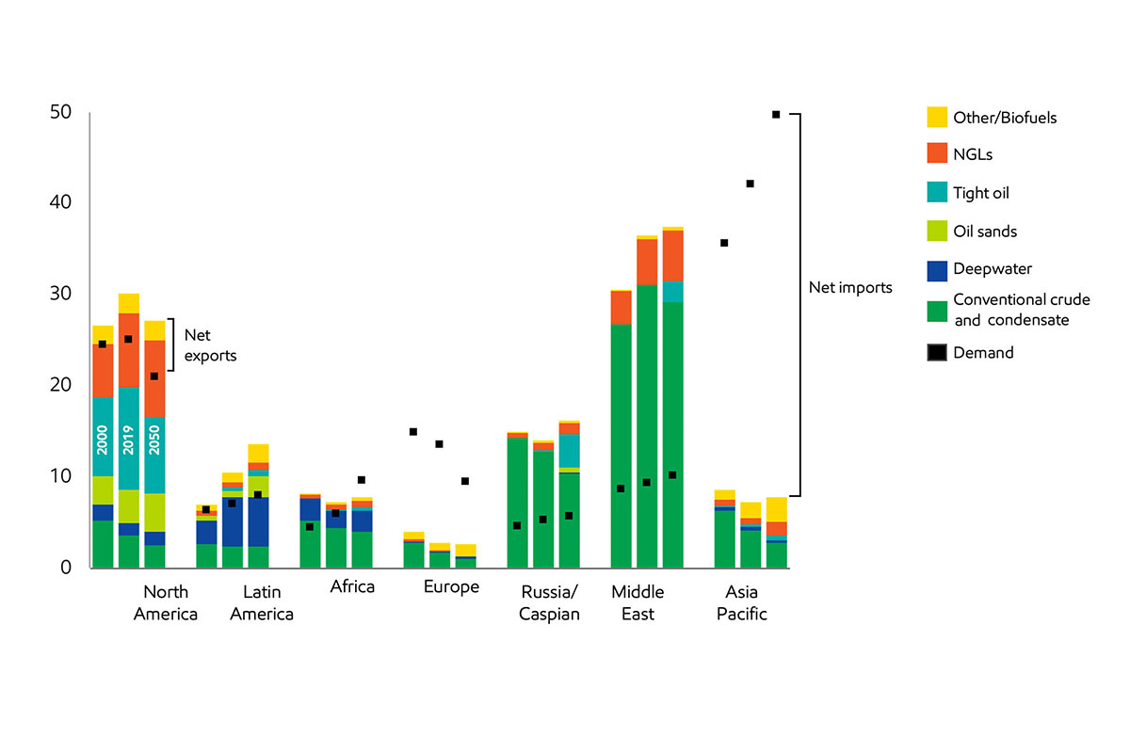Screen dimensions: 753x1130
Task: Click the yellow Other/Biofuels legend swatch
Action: [938, 118]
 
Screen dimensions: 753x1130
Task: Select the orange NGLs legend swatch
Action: [938, 152]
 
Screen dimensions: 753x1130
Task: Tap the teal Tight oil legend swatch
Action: [938, 192]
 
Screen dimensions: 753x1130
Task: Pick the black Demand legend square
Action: [938, 353]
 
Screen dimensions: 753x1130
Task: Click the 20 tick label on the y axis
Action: [60, 385]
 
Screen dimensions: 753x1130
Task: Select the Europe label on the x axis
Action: [451, 587]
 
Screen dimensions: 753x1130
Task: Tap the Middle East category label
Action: [638, 602]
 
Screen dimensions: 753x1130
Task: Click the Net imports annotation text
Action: [850, 288]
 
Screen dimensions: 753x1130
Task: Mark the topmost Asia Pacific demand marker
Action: [776, 114]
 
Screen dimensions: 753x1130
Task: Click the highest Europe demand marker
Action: [413, 431]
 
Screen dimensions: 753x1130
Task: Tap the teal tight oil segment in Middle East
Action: [672, 292]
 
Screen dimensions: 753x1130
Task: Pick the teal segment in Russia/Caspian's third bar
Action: [569, 451]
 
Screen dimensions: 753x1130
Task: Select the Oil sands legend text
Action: [985, 232]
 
